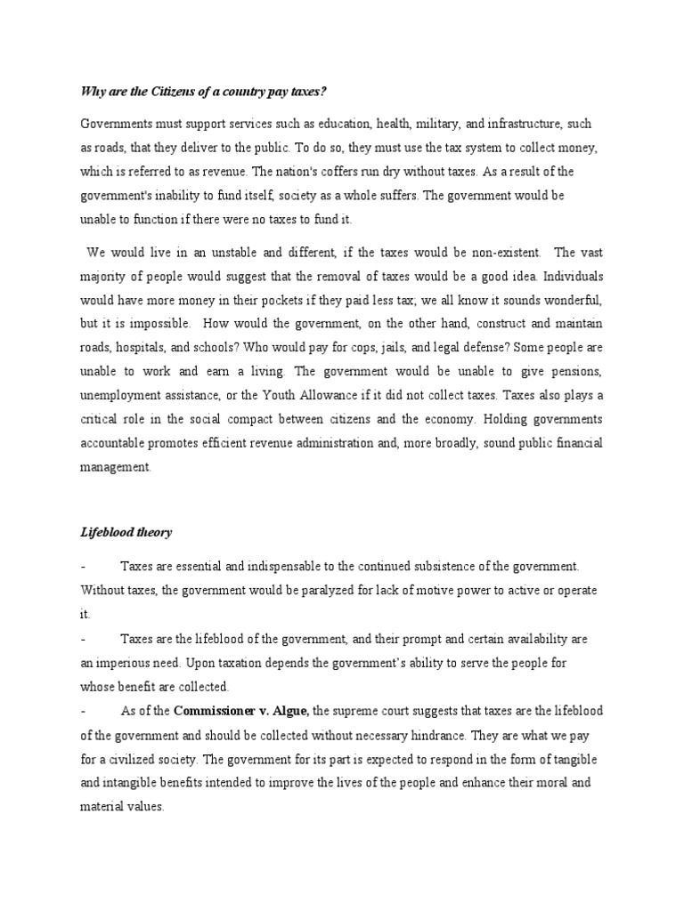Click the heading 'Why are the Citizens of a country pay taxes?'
click(209, 91)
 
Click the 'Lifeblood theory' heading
click(126, 533)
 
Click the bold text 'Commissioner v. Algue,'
click(241, 711)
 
